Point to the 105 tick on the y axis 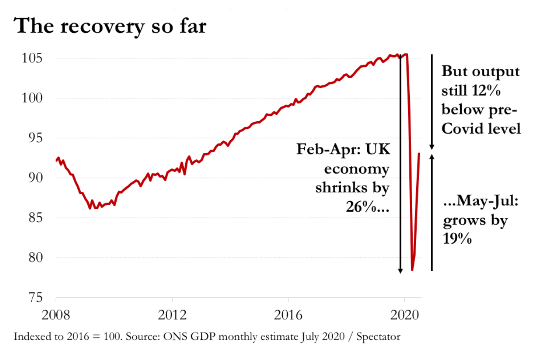click(32, 58)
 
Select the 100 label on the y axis click(32, 98)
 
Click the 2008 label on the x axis click(56, 314)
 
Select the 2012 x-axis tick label click(172, 314)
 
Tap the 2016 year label click(288, 314)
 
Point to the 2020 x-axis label click(405, 314)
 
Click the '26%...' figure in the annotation click(367, 207)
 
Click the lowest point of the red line click(412, 270)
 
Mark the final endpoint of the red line click(419, 153)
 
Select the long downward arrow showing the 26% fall click(400, 162)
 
